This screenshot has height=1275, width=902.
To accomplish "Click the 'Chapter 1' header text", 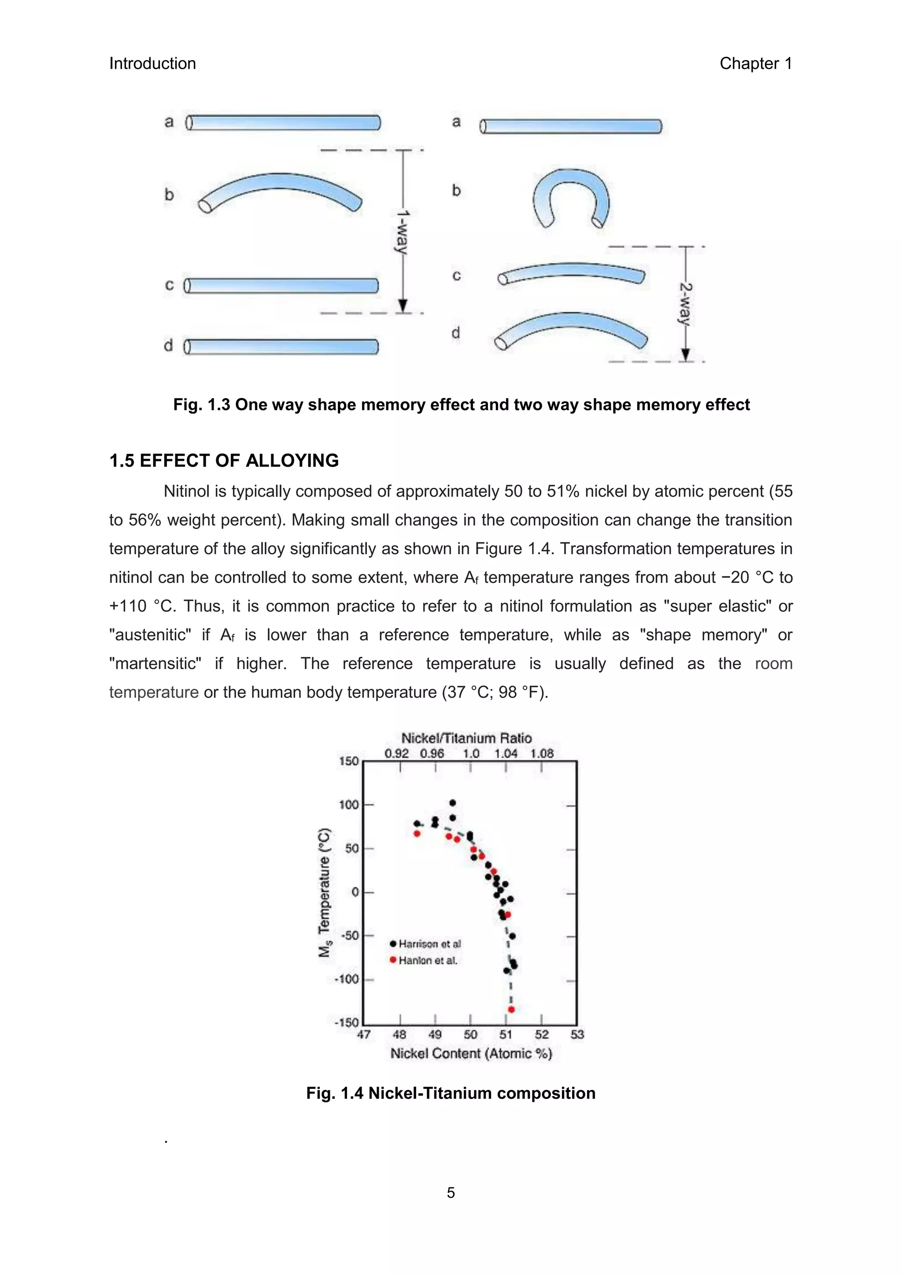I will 755,64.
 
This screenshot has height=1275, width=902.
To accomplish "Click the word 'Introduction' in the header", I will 152,64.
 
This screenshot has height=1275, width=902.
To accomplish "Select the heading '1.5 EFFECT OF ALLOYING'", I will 224,461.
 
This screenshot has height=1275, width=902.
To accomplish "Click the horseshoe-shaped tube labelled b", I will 571,197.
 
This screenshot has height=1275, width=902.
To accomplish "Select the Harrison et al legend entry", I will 425,943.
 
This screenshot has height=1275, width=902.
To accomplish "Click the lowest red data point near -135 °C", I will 511,1010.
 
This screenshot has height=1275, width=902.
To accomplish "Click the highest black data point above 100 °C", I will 453,803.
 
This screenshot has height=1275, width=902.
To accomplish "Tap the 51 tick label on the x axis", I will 506,1034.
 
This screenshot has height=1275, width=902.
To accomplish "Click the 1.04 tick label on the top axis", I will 506,754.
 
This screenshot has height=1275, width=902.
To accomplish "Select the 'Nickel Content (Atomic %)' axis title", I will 471,1054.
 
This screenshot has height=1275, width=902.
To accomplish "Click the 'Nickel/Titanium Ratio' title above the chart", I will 466,738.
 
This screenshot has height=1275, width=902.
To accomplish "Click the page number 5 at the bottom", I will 451,1193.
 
